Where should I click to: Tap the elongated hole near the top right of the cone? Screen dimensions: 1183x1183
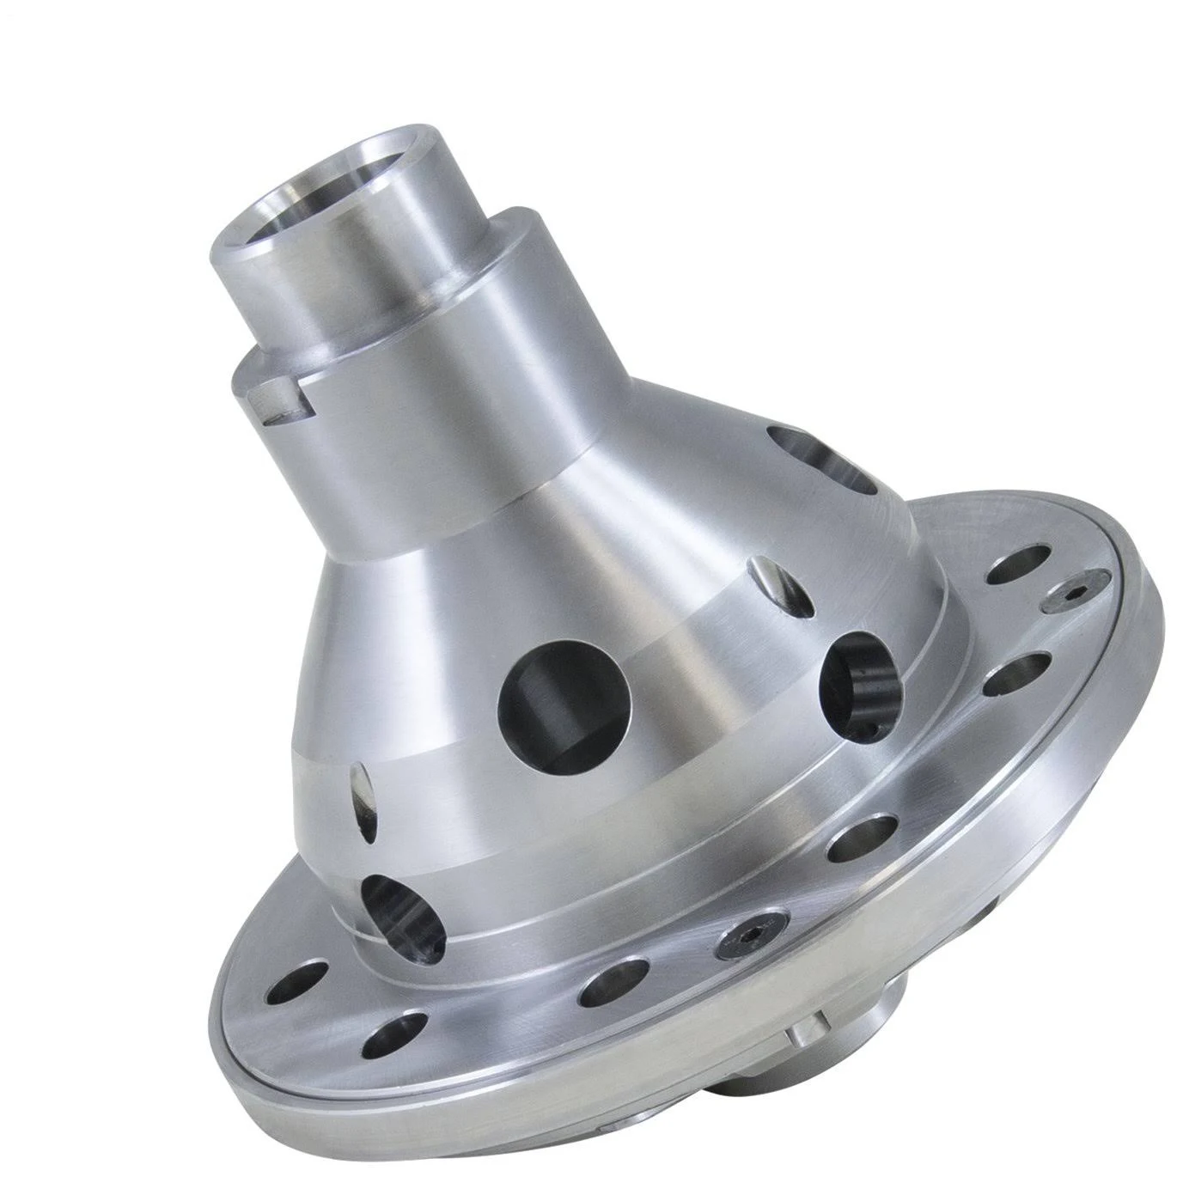pos(825,460)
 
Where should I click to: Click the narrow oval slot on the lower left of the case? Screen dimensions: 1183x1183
pos(363,798)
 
